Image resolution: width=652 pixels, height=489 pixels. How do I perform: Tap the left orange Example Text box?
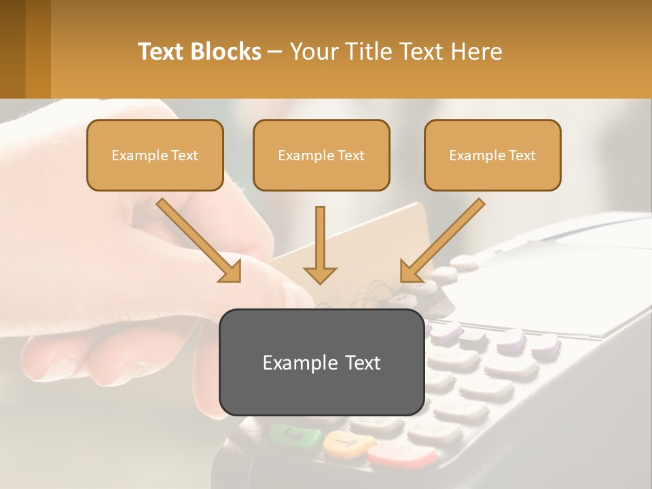click(x=155, y=156)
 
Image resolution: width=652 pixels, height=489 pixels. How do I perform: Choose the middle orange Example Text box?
click(x=321, y=156)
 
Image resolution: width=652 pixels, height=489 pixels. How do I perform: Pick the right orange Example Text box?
click(x=492, y=156)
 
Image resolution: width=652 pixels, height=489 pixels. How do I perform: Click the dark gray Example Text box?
click(x=321, y=363)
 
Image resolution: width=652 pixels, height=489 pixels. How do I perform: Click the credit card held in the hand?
click(x=407, y=231)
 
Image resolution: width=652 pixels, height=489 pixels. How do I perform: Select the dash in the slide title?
click(x=275, y=52)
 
